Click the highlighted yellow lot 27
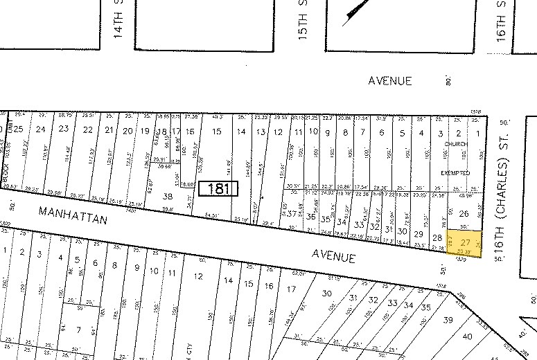point(465,243)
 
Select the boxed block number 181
point(218,188)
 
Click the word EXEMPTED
point(455,172)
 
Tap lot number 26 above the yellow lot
point(464,214)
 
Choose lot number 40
point(467,336)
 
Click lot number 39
point(448,319)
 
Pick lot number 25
point(19,129)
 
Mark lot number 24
point(41,129)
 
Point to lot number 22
point(87,130)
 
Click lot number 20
point(127,131)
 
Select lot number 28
point(437,238)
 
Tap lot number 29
point(418,235)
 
